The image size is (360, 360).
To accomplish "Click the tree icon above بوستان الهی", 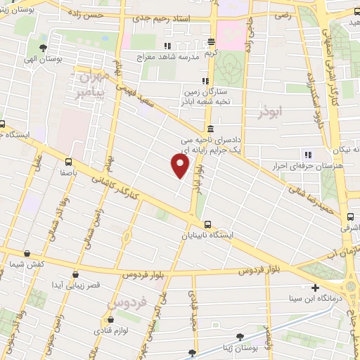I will coord(44,49).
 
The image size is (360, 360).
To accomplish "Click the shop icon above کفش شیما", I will coord(27,253).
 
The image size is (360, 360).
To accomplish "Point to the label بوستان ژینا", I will coord(257,347).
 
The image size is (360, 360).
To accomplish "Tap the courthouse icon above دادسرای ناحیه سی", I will coord(211,129).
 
